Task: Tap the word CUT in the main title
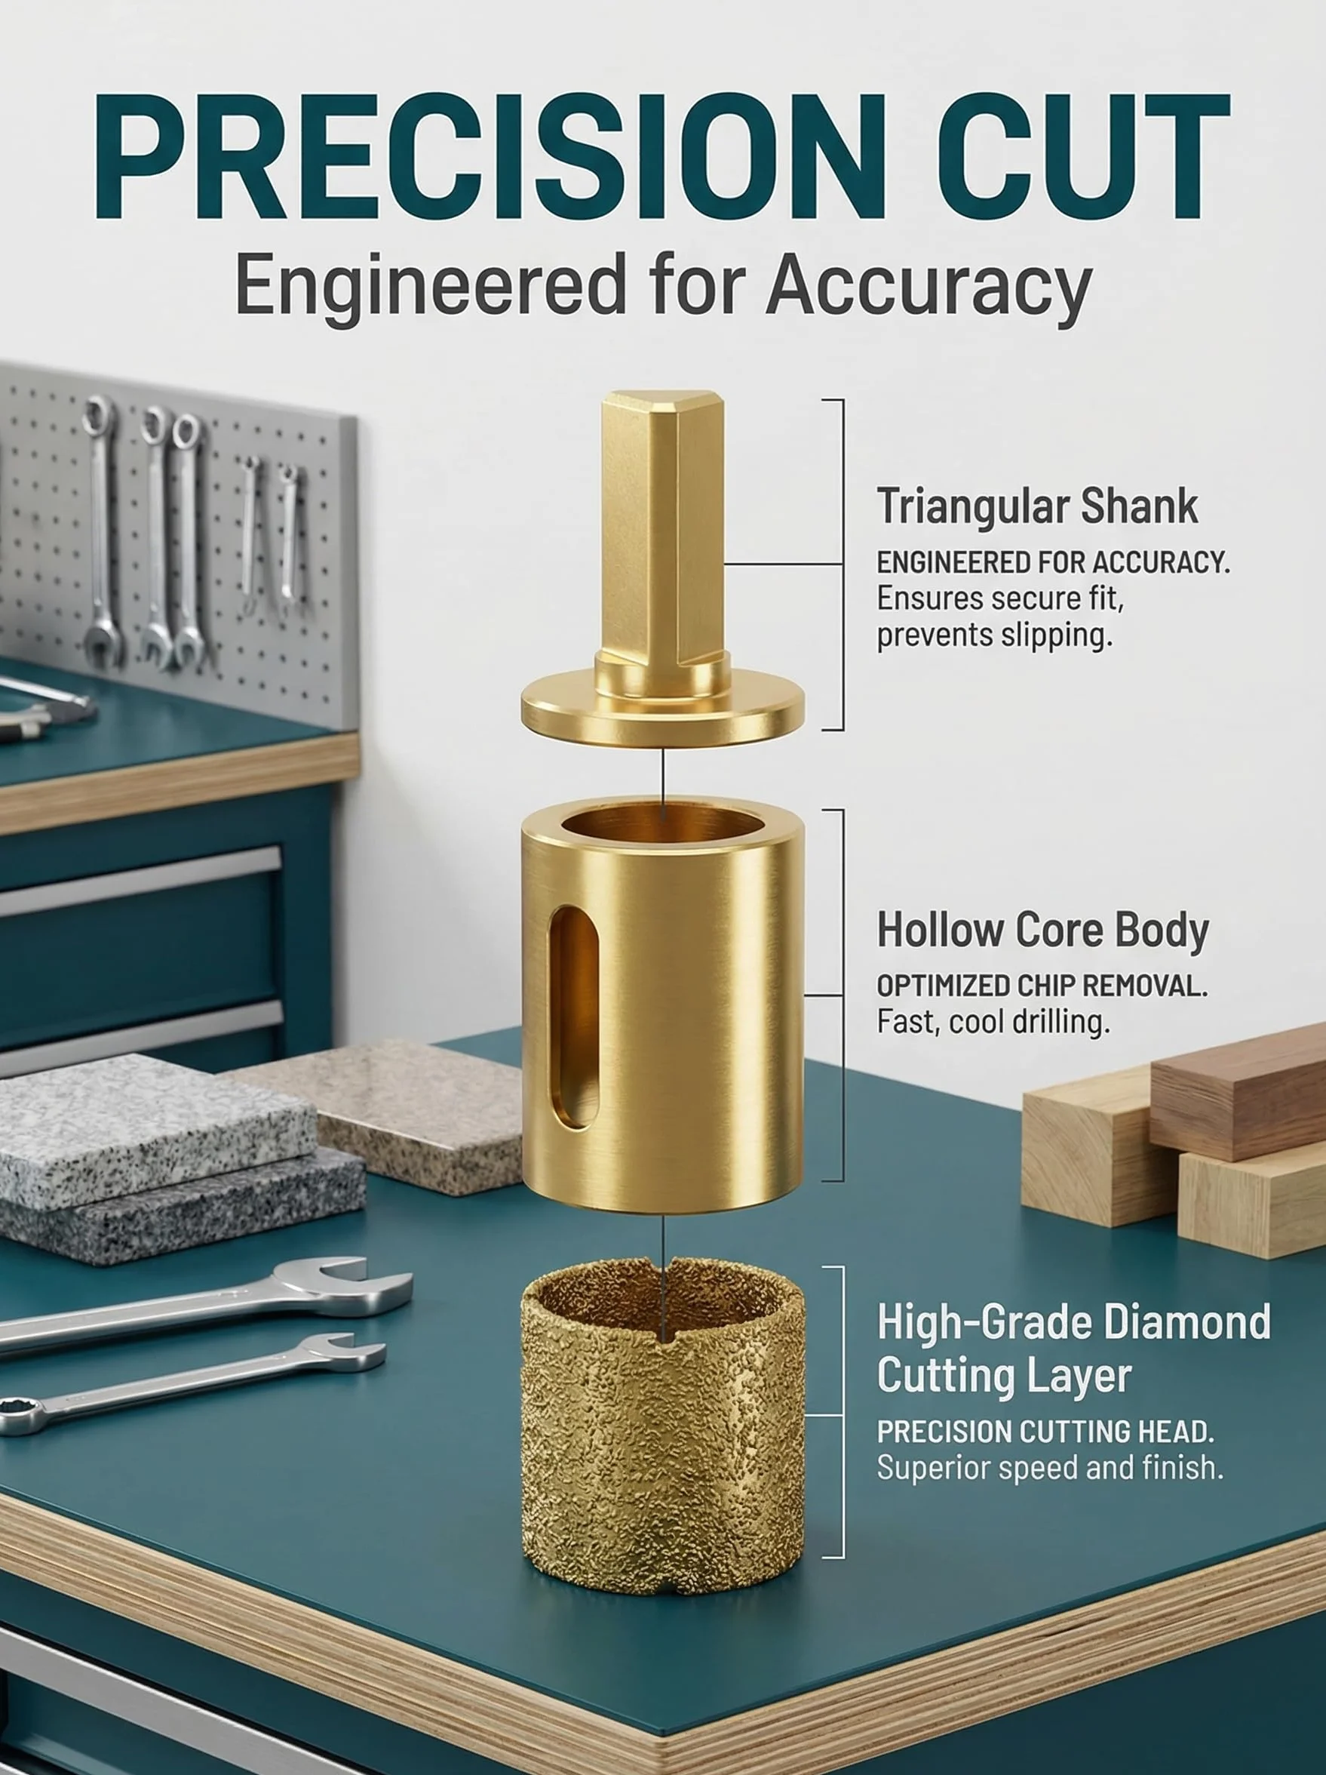(x=1084, y=155)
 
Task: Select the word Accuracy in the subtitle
(x=929, y=288)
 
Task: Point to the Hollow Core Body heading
(x=1043, y=930)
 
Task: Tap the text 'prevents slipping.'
(x=995, y=635)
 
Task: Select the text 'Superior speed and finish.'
(x=1050, y=1467)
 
